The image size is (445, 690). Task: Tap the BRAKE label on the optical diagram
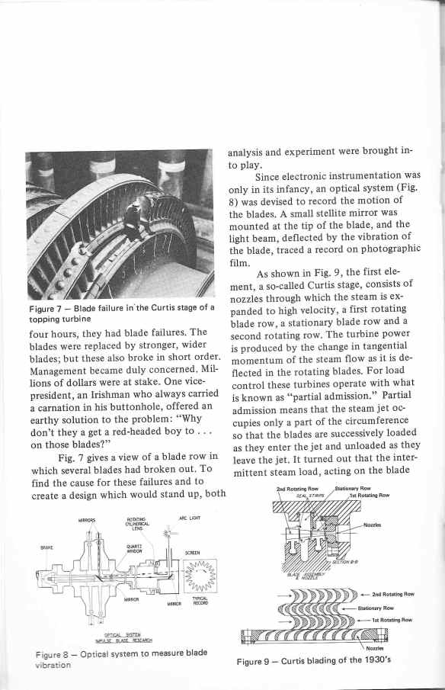click(46, 547)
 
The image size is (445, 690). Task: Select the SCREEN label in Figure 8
click(192, 553)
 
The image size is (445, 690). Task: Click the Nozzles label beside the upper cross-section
click(372, 525)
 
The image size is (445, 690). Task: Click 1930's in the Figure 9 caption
click(378, 660)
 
